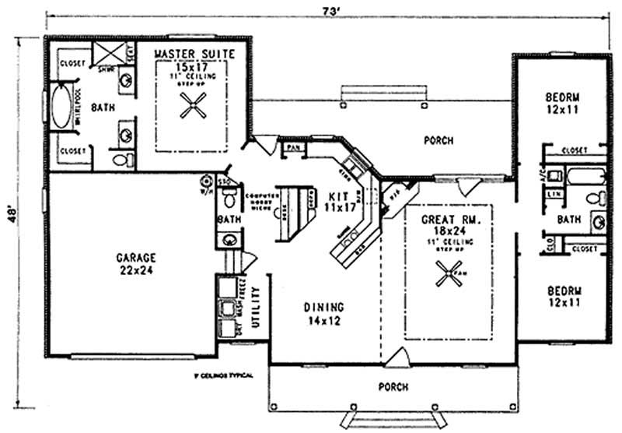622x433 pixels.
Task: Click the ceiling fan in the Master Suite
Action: pos(192,105)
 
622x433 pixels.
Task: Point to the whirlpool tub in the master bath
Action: pos(60,109)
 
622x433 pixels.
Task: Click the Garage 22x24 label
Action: pos(137,262)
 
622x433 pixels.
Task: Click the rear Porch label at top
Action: pos(439,141)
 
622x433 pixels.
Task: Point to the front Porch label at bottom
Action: pos(393,386)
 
